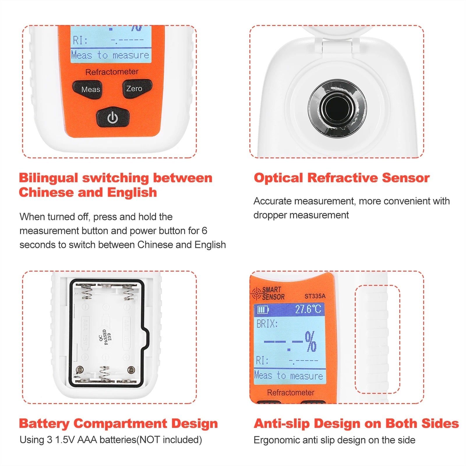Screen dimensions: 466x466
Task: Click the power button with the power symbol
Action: (x=113, y=118)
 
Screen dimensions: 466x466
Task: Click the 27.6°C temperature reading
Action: (x=308, y=309)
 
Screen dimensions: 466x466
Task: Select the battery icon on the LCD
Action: (x=262, y=310)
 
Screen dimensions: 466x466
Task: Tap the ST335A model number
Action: (x=315, y=296)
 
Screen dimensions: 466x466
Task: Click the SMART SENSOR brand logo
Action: (x=268, y=293)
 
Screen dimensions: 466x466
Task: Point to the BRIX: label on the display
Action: (x=267, y=324)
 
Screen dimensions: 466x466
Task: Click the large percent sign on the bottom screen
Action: (x=310, y=342)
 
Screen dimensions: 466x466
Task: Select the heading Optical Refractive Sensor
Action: (x=342, y=178)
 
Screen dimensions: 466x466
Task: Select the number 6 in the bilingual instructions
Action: (x=204, y=231)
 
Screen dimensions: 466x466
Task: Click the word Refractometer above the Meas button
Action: (x=112, y=72)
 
